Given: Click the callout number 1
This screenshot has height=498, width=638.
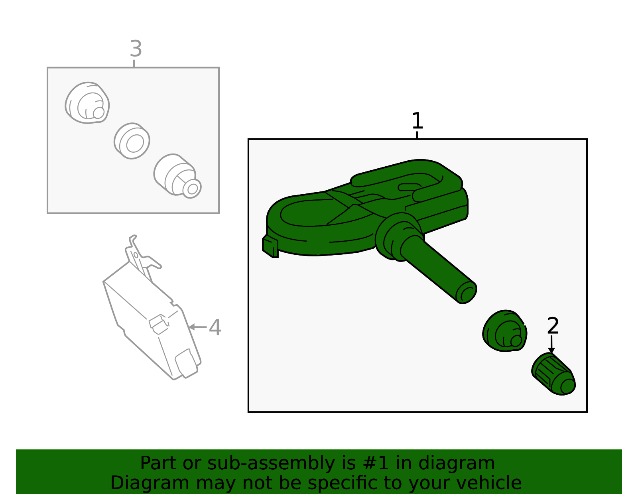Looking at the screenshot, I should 417,121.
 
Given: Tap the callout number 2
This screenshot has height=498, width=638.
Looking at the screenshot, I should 553,326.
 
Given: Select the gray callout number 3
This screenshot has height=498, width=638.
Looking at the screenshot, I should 136,49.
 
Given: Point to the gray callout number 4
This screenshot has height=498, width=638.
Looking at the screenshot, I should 215,328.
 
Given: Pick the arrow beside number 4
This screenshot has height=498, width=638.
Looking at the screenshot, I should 197,327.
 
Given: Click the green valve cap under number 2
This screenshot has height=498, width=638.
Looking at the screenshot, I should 553,374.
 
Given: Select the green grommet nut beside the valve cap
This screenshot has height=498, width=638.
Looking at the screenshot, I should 504,331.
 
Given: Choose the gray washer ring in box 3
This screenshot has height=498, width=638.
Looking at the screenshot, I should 132,141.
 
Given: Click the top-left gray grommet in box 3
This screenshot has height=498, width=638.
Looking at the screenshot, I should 87,103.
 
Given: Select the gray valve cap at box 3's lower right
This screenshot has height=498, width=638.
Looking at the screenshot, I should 177,176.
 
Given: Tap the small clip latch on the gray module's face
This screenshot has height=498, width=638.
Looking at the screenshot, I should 158,324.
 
